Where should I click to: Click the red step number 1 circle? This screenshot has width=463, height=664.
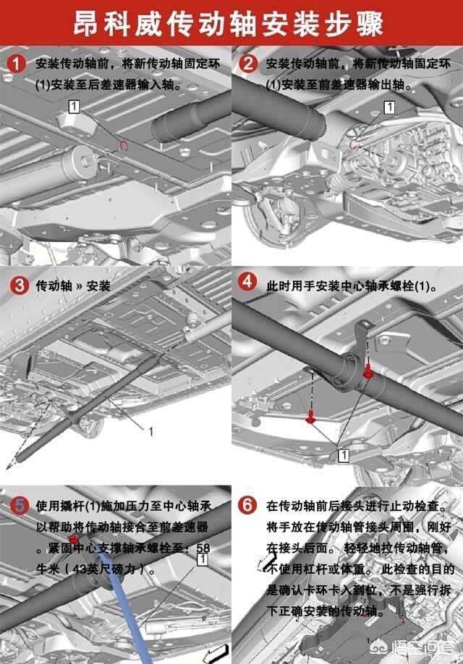[x=16, y=64]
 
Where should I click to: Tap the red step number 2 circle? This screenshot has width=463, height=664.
[x=248, y=64]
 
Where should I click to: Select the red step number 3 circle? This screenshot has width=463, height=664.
[x=19, y=285]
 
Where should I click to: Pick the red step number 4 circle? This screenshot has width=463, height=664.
[x=247, y=282]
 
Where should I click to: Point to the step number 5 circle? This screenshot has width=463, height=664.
[x=19, y=505]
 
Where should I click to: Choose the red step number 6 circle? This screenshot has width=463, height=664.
[x=247, y=505]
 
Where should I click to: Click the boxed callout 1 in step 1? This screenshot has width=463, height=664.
[x=75, y=106]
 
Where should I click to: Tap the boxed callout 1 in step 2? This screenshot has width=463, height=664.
[x=389, y=107]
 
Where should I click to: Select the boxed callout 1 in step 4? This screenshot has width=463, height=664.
[x=344, y=456]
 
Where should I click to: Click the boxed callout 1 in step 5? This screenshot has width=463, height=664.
[x=203, y=559]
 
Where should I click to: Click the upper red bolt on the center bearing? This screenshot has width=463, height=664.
[x=368, y=372]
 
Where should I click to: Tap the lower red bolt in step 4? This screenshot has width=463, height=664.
[x=310, y=417]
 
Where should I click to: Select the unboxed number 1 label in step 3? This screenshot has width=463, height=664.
[x=150, y=431]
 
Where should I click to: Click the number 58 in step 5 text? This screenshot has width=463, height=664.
[x=203, y=548]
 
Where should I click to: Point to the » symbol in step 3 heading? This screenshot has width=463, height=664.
[x=80, y=286]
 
